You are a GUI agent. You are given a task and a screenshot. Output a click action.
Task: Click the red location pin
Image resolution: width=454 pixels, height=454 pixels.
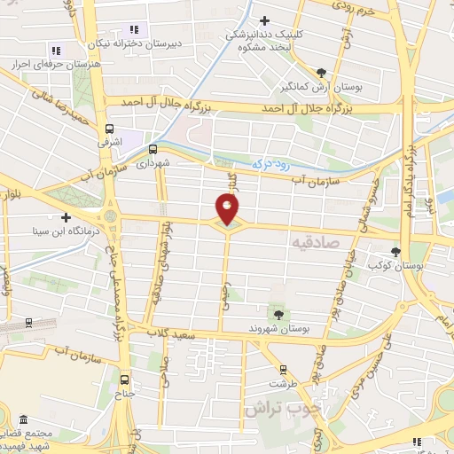(x=228, y=209)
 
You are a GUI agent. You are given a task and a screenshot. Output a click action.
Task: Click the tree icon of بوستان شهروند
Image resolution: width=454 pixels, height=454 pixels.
(x=279, y=314)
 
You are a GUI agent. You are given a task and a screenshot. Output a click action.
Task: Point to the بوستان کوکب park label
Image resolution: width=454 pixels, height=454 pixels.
(x=424, y=264)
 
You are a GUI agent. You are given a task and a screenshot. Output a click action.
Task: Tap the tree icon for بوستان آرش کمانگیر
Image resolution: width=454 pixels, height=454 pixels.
(x=321, y=74)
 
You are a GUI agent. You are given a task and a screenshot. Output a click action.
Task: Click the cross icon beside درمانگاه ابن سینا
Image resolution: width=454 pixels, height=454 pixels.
(x=65, y=216)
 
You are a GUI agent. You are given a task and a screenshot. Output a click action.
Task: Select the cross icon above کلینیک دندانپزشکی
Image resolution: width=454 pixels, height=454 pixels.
(x=264, y=20)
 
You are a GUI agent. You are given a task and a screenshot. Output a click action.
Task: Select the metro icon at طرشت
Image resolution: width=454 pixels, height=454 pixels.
(x=283, y=369)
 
